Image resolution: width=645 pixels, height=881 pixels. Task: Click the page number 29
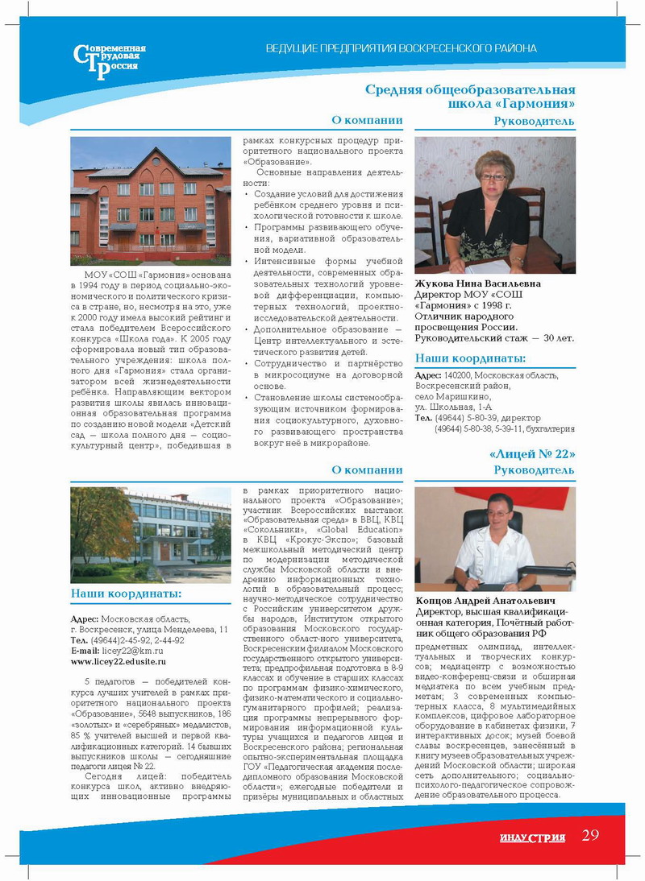point(590,835)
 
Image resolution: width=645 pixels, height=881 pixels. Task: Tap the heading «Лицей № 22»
point(531,454)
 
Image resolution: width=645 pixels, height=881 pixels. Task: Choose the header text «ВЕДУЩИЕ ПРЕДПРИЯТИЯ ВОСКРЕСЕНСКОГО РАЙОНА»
point(401,48)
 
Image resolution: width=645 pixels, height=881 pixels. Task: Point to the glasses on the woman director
point(493,176)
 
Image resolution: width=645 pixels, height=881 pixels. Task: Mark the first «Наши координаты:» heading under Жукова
point(470,359)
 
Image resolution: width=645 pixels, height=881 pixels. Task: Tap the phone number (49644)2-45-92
point(120,640)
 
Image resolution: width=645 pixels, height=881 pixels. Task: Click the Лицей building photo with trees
point(151,534)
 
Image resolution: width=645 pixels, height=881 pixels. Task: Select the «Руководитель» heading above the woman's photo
point(534,122)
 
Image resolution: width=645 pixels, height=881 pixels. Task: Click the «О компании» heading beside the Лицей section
point(367,470)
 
